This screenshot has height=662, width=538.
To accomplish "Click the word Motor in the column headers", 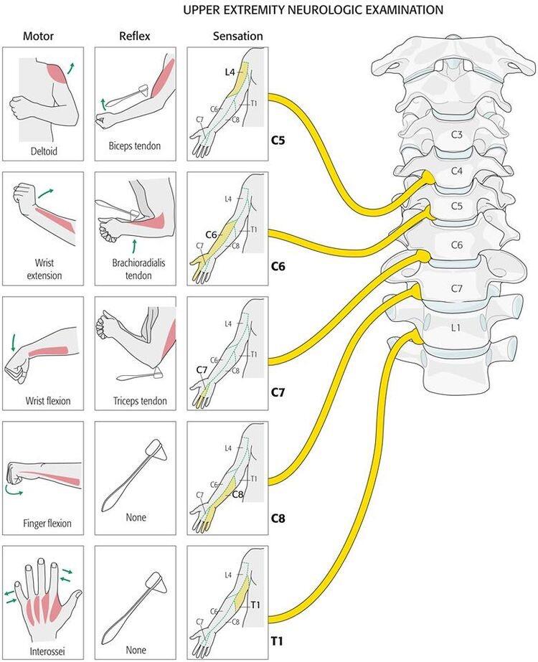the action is (x=38, y=37).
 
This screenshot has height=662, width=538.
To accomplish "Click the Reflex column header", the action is (x=134, y=37).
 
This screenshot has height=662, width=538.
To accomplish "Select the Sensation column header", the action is (x=237, y=37).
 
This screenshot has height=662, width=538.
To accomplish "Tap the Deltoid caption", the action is (x=44, y=151).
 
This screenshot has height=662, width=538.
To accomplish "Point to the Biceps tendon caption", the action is (x=135, y=146).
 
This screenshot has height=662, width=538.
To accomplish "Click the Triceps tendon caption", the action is (x=140, y=401).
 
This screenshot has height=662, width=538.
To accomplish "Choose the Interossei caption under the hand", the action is (x=47, y=651).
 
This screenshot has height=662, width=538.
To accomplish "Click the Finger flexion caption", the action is (x=47, y=524).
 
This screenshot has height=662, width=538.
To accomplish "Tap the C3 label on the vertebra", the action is (x=456, y=135).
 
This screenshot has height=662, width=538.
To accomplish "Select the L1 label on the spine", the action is (x=456, y=327).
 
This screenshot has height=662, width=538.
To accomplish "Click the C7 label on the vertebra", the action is (x=457, y=288).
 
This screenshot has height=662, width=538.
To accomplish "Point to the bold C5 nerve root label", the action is (x=278, y=140).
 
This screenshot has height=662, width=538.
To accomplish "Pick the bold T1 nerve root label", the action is (x=277, y=641).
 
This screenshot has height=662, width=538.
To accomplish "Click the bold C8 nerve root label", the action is (x=278, y=518).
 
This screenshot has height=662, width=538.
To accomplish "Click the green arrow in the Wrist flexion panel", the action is (x=13, y=342).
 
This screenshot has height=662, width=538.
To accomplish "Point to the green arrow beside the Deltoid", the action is (x=71, y=68).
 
